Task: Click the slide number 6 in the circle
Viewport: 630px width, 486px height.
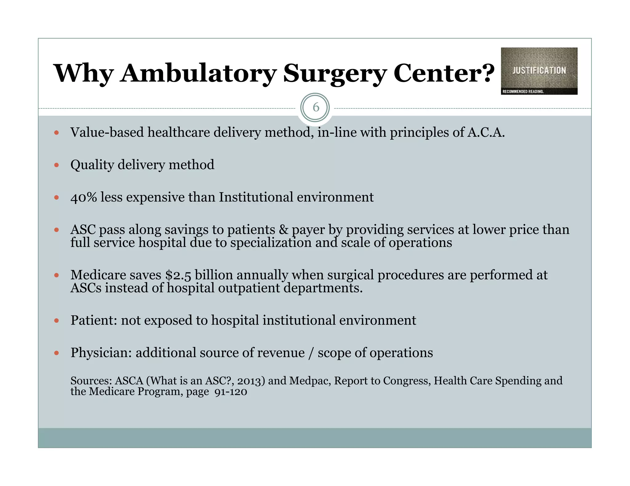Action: [316, 108]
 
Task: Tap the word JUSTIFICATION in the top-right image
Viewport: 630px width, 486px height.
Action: [539, 71]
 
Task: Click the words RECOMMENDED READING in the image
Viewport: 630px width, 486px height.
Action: [523, 92]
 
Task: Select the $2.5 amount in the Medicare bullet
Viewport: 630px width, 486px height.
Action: [178, 275]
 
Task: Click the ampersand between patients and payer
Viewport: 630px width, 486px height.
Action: [283, 230]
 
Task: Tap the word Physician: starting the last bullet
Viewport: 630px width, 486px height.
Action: [101, 353]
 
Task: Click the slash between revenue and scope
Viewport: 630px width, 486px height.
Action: [311, 353]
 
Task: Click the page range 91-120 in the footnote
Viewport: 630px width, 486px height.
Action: [231, 392]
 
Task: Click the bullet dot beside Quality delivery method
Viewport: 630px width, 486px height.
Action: [56, 165]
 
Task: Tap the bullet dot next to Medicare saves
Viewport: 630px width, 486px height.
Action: [56, 275]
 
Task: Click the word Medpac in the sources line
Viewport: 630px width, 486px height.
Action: [309, 381]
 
